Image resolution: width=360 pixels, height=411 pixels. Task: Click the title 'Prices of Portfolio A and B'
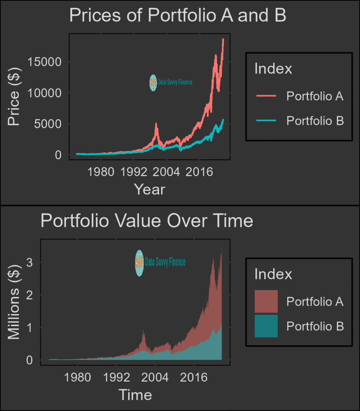click(x=177, y=16)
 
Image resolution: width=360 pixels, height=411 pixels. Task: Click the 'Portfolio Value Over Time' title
click(x=147, y=221)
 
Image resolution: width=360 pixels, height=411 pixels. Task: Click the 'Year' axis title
click(x=149, y=189)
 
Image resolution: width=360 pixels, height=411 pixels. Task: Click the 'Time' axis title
click(x=135, y=395)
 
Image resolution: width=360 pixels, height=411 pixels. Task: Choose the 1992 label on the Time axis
click(x=116, y=378)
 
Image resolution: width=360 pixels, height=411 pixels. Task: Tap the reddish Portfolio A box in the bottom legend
click(x=266, y=301)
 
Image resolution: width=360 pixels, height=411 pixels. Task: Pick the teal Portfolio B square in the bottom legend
click(x=266, y=326)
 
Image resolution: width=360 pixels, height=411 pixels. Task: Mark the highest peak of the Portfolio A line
click(x=223, y=39)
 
